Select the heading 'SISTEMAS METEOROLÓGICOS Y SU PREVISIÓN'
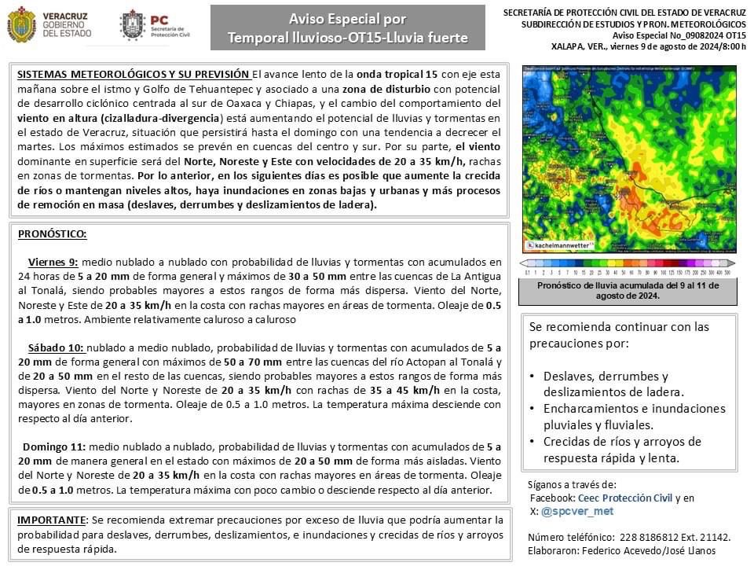point(134,74)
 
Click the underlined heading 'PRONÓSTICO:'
point(52,234)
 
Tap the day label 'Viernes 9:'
point(53,262)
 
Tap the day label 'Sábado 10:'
point(56,347)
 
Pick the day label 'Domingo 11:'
point(55,447)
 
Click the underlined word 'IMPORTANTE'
point(51,520)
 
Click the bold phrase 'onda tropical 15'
point(400,74)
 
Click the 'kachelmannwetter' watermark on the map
point(562,245)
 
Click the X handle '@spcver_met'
point(577,511)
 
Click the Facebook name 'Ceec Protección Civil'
point(624,498)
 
